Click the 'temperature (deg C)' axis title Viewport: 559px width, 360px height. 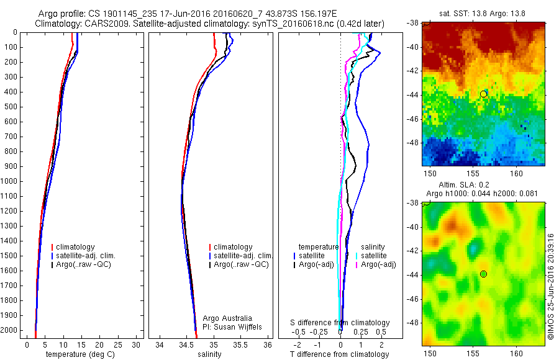[79, 354]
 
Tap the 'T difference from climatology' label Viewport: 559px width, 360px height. [339, 354]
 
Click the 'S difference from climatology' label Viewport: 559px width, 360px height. [340, 323]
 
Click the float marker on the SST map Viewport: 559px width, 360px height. [484, 94]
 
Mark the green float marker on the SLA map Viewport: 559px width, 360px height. [484, 274]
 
